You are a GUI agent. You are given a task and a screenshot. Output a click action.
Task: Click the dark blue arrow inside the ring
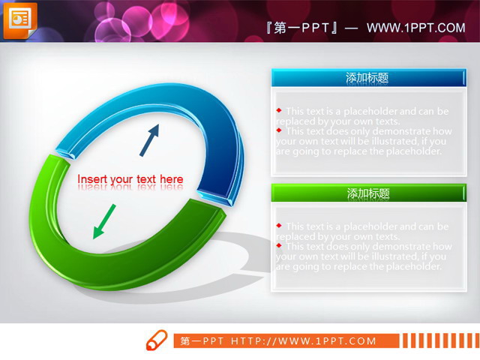pyautogui.click(x=150, y=139)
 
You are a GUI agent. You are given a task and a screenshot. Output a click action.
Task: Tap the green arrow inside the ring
pyautogui.click(x=104, y=221)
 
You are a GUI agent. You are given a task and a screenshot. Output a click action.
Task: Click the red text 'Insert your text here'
pyautogui.click(x=130, y=179)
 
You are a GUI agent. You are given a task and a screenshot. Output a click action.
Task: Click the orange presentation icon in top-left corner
pyautogui.click(x=19, y=19)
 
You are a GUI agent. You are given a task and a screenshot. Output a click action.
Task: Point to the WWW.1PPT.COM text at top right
pyautogui.click(x=416, y=28)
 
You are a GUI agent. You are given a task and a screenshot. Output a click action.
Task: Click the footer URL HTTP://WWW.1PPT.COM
pyautogui.click(x=304, y=341)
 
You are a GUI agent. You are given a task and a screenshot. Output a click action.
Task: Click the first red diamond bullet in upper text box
pyautogui.click(x=279, y=109)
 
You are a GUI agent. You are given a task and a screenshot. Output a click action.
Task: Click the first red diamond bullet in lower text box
pyautogui.click(x=279, y=224)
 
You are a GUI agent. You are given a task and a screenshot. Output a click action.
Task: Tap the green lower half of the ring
pyautogui.click(x=112, y=262)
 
